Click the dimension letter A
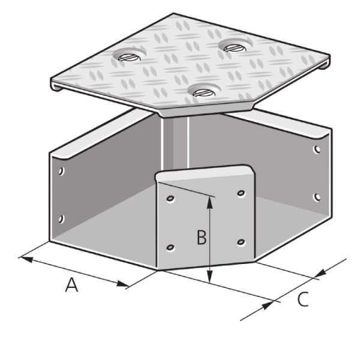click(x=71, y=284)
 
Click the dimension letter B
click(x=202, y=237)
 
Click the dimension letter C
click(x=303, y=299)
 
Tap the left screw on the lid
click(x=129, y=58)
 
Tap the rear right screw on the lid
click(x=235, y=48)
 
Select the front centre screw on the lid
click(x=204, y=92)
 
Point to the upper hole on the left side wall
click(x=61, y=171)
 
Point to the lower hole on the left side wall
click(x=61, y=219)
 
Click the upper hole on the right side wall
click(x=317, y=149)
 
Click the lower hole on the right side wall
click(x=317, y=197)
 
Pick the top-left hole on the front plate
click(x=170, y=199)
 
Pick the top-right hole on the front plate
click(x=241, y=193)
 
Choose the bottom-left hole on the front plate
click(x=170, y=247)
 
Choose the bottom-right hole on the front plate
click(x=241, y=242)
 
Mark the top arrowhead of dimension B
click(x=209, y=203)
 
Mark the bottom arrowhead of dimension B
click(x=209, y=277)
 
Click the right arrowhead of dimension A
click(x=123, y=284)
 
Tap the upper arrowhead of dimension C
click(x=320, y=273)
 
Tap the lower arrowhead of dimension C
click(x=268, y=305)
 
